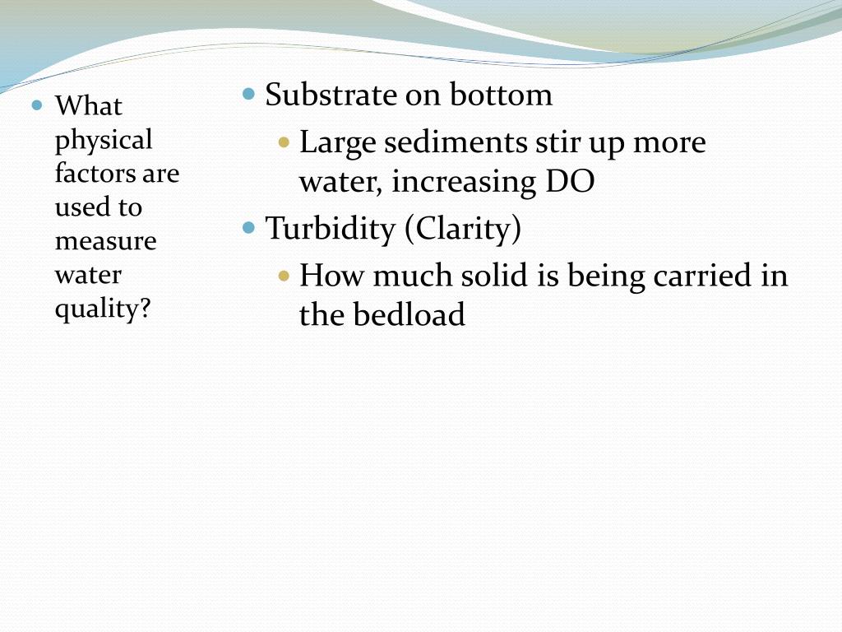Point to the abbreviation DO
coord(569,182)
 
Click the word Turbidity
coord(331,229)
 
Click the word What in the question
coord(88,106)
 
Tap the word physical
coord(104,141)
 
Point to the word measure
coord(105,242)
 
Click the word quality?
coord(104,309)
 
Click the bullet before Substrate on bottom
coord(250,94)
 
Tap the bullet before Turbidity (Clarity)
coord(250,228)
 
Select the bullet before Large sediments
coord(285,142)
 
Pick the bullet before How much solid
coord(285,276)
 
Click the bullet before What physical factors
coord(37,105)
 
